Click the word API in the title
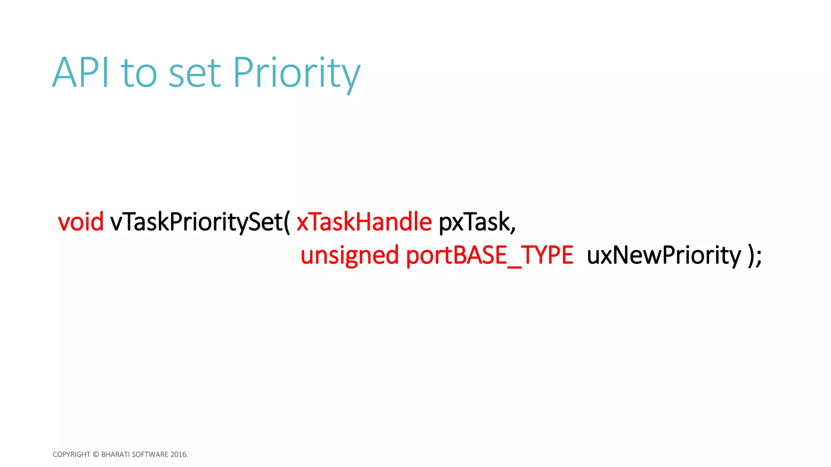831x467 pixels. tap(81, 73)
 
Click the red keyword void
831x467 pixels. tap(81, 222)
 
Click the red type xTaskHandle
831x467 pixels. tap(364, 222)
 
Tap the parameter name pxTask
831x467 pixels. tap(474, 222)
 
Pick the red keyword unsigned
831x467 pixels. tap(350, 255)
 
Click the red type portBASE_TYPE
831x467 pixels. tap(489, 255)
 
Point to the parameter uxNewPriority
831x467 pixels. tap(664, 255)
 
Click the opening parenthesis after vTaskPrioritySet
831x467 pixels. tap(287, 222)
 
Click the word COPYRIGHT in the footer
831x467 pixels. tap(71, 454)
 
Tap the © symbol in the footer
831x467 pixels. tap(96, 454)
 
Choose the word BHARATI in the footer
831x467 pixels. tap(115, 454)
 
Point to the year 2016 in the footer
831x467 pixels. tap(179, 454)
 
